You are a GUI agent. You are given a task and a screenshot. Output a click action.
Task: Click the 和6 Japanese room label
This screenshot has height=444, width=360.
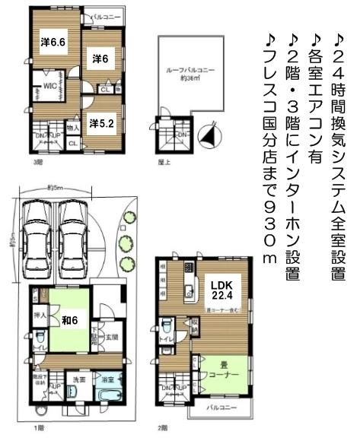(x=70, y=320)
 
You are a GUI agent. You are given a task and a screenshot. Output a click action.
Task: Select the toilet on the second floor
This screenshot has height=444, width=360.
(x=166, y=327)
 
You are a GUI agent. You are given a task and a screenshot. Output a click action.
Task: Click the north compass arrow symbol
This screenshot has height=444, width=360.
(x=204, y=137)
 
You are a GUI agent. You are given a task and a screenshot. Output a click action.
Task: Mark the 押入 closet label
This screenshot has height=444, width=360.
(x=42, y=314)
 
